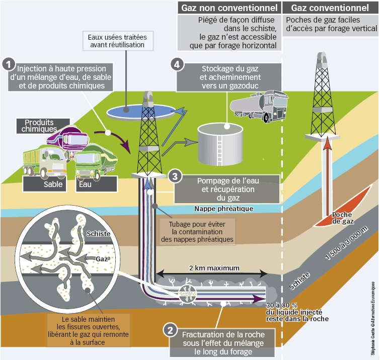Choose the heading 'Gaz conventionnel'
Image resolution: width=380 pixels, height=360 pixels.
(330, 8)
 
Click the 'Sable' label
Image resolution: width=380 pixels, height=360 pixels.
(53, 184)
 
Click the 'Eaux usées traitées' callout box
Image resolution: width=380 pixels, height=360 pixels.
(116, 41)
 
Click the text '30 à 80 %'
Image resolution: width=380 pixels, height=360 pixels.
(281, 305)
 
